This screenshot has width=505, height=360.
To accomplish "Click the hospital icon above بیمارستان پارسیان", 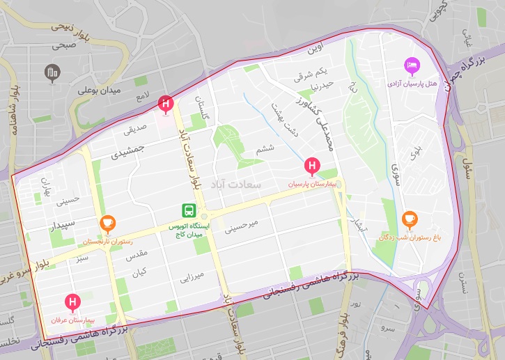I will point(312,166).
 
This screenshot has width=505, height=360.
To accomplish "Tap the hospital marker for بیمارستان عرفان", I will point(72,302).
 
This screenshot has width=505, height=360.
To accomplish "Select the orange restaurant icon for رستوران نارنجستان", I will point(107,223).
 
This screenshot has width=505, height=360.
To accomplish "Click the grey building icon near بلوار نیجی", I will point(51,72).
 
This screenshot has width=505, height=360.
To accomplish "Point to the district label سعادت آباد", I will point(239,186).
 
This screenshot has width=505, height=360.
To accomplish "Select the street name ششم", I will point(265,148).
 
